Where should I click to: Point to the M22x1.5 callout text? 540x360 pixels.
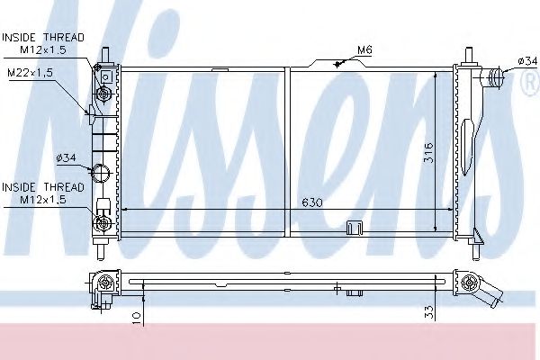click(32, 72)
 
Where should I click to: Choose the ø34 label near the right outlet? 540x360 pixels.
click(526, 60)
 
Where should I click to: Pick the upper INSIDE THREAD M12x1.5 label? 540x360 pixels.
click(42, 42)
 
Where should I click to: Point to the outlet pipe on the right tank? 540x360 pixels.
click(492, 78)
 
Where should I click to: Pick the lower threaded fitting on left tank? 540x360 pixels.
click(103, 221)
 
